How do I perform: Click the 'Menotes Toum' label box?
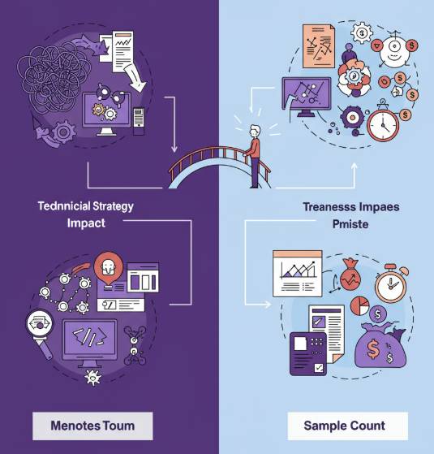coord(92,426)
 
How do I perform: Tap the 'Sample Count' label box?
coord(348,426)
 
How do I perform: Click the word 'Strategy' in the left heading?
coord(113,207)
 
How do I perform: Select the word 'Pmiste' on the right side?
coord(350,224)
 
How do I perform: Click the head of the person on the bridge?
coord(255,131)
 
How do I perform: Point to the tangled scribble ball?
coord(54,78)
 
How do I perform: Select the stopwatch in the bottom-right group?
coord(391,284)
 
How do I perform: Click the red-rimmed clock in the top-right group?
coord(383,124)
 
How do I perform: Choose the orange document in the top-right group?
coord(319,46)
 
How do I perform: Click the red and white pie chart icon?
coord(359,305)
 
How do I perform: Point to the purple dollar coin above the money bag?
coord(378,313)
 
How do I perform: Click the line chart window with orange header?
coord(297,274)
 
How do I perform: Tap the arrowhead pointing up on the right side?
coord(355,166)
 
